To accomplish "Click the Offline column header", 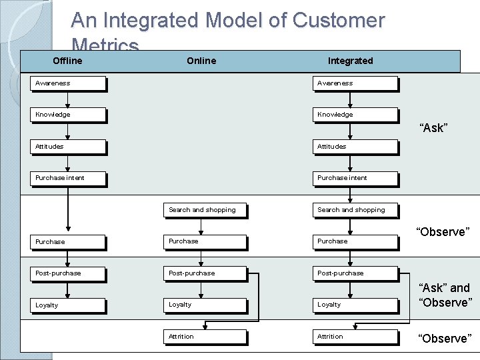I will click(x=67, y=61).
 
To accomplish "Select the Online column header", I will click(x=201, y=61).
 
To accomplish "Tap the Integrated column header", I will click(x=350, y=61).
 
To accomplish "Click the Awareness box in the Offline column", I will click(x=69, y=83).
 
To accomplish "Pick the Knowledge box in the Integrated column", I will click(x=355, y=115).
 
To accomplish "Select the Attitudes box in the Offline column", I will click(x=69, y=147).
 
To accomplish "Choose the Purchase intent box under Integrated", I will click(x=355, y=178).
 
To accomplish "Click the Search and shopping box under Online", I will click(x=205, y=210).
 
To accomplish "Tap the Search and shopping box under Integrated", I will click(x=355, y=210).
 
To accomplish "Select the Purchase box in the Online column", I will click(x=205, y=241).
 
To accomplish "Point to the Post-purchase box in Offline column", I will click(x=69, y=273).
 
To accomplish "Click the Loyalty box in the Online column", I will click(x=205, y=305).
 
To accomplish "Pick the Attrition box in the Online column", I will click(x=205, y=337).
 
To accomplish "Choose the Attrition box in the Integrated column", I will click(x=355, y=337).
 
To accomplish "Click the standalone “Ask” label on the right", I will click(x=433, y=128).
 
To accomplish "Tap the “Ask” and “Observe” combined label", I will click(x=445, y=295).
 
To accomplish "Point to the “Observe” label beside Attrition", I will click(x=443, y=338).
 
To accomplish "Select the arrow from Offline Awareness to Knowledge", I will click(x=67, y=99).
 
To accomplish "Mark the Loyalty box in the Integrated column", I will click(x=355, y=305).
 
